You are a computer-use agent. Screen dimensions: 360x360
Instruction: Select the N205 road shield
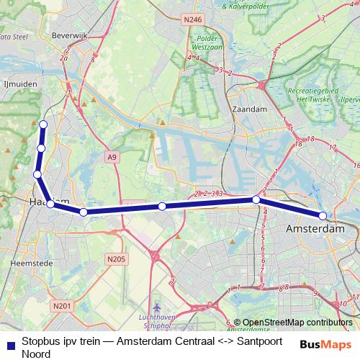click(114, 259)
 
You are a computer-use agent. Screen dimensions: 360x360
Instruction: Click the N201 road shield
click(62, 306)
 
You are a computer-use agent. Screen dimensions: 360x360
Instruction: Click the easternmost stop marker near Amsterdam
click(323, 216)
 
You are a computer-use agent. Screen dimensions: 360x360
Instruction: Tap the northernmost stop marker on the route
click(43, 125)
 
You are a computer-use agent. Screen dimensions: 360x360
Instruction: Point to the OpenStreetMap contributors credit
click(297, 323)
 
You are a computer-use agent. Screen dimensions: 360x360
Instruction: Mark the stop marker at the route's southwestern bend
click(51, 204)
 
